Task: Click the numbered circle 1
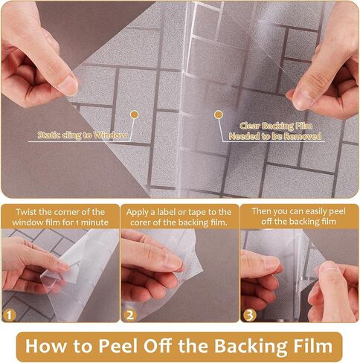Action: click(x=10, y=315)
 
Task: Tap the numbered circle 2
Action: click(x=130, y=315)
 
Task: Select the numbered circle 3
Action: click(x=249, y=315)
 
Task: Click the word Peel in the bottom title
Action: click(x=118, y=346)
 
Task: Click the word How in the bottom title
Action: click(x=45, y=346)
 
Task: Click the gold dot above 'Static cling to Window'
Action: click(x=135, y=115)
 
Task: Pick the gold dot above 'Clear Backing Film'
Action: click(x=219, y=115)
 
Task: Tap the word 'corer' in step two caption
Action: click(x=141, y=222)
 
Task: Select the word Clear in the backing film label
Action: click(x=250, y=126)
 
